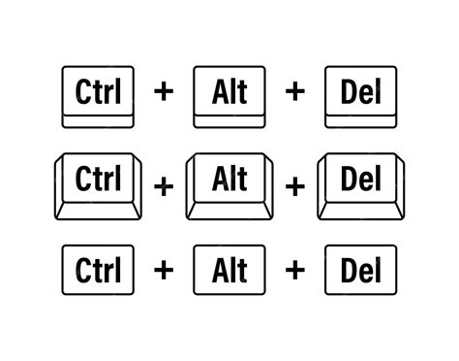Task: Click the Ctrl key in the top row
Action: [x=97, y=94]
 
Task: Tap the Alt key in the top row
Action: [x=229, y=94]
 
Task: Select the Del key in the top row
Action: [x=360, y=94]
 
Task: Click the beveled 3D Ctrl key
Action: [x=97, y=181]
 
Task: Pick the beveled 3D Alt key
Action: [x=229, y=181]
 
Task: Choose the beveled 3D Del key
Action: [x=360, y=181]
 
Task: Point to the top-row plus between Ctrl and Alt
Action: [x=164, y=93]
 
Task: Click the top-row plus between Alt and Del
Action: [x=294, y=93]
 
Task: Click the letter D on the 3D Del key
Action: [x=347, y=179]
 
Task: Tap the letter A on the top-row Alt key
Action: [x=218, y=92]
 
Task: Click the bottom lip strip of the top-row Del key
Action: [x=360, y=119]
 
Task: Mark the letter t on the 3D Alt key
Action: [x=242, y=179]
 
